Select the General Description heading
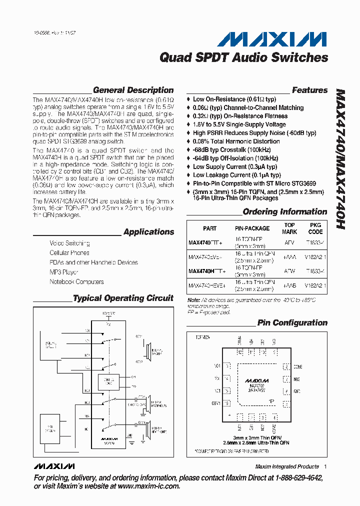pos(133,90)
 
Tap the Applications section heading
pos(148,232)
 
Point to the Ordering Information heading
pos(284,212)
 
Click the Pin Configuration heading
pos(292,323)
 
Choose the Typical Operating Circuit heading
pos(123,298)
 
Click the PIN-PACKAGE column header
pos(252,228)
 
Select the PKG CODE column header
pos(315,228)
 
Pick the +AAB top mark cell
pos(289,285)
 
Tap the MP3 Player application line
pos(64,272)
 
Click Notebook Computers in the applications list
pos(76,282)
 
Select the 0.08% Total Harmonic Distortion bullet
pos(236,141)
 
